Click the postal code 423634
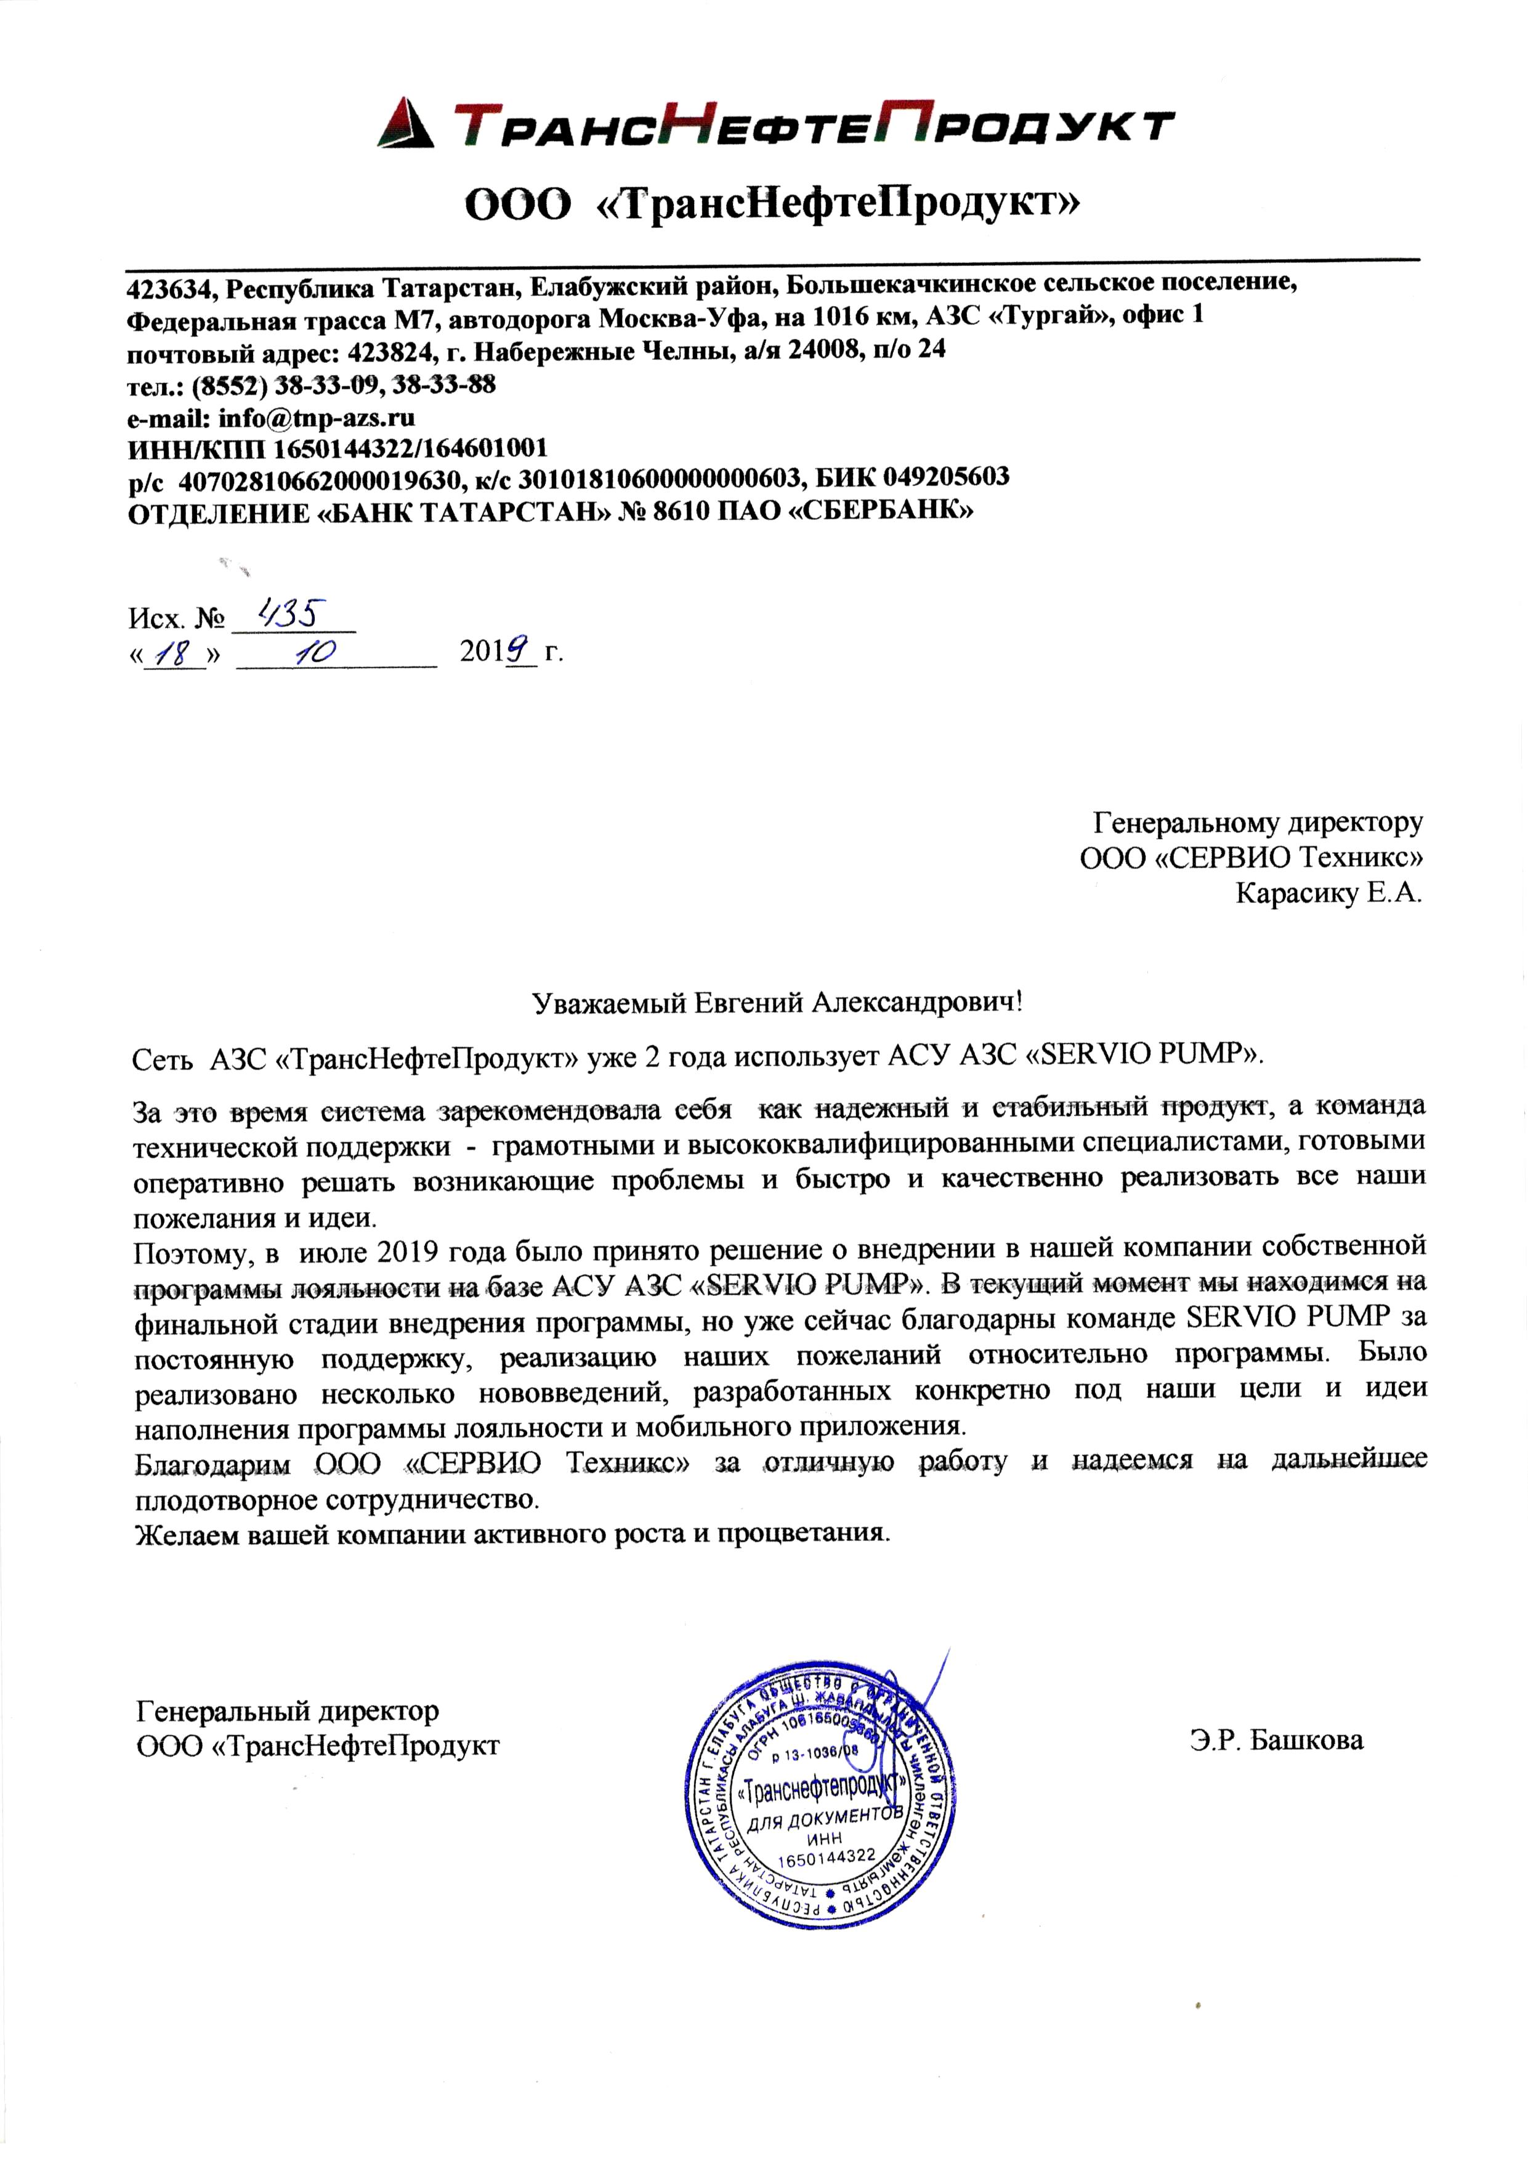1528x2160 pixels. (171, 284)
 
